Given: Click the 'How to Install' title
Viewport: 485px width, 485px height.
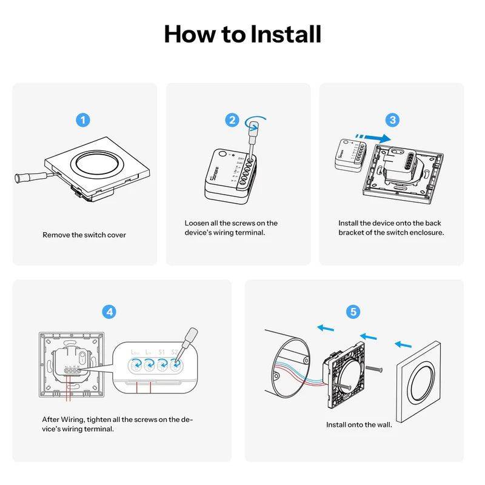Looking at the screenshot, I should pyautogui.click(x=242, y=34).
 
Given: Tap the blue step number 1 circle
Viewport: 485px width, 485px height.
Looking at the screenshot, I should pyautogui.click(x=84, y=119).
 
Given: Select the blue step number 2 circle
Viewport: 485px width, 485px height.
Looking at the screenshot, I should pyautogui.click(x=232, y=119).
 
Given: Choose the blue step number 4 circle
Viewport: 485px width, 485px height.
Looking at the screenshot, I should pyautogui.click(x=109, y=312).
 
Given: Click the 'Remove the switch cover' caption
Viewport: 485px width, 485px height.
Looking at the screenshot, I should pyautogui.click(x=84, y=235).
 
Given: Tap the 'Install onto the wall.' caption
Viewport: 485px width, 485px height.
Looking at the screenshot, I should pyautogui.click(x=359, y=424).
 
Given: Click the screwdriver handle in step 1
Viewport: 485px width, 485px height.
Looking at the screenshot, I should pyautogui.click(x=23, y=178).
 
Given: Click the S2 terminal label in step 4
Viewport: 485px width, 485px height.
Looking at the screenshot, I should pyautogui.click(x=175, y=352).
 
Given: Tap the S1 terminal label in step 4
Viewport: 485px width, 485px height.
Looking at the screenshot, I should pyautogui.click(x=161, y=352).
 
